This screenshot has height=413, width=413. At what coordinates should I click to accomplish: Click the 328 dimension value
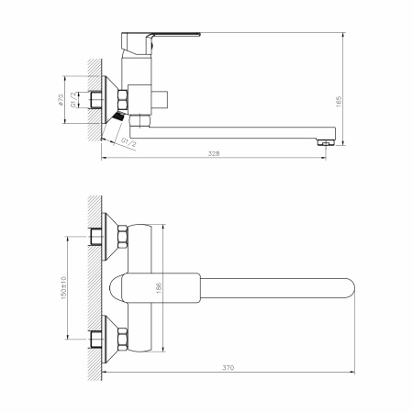tap(214, 153)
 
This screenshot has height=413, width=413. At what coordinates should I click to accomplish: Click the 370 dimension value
tap(229, 367)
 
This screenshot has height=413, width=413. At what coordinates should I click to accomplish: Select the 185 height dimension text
tap(339, 102)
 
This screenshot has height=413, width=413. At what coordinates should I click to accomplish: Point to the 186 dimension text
tap(159, 288)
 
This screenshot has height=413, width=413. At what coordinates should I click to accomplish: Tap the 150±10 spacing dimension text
tap(63, 288)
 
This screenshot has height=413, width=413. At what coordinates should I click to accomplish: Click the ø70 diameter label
tap(61, 100)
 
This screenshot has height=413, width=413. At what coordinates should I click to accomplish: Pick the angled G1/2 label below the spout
tap(128, 142)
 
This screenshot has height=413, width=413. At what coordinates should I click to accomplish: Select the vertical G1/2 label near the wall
tap(73, 100)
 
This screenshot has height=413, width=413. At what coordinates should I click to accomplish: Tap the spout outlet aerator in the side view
tap(325, 142)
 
